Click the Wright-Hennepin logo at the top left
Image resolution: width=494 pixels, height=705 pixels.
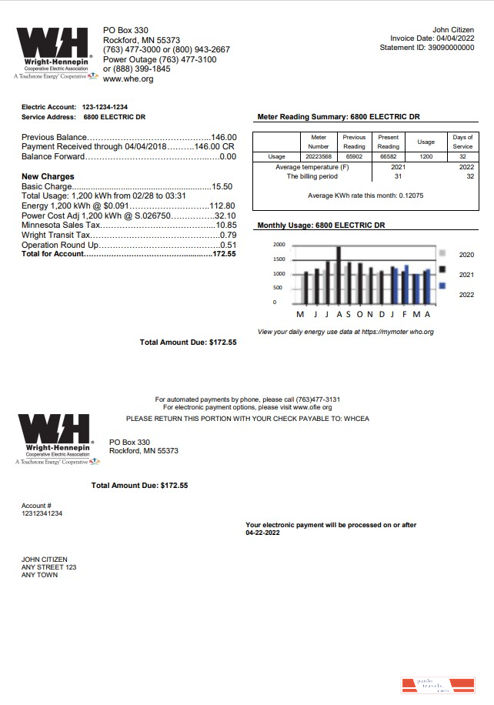point(53,54)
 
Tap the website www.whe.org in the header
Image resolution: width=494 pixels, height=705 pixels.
point(128,79)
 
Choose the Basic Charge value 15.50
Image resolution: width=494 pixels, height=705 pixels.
point(222,186)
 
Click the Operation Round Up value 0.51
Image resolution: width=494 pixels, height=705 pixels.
point(228,245)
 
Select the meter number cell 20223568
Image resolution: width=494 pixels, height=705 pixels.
point(318,156)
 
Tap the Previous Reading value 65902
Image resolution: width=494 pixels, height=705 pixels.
point(354,156)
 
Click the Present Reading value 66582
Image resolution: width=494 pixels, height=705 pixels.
point(389,156)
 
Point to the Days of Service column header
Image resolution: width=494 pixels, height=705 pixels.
point(463,142)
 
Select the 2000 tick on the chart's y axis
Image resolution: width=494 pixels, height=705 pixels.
point(279,245)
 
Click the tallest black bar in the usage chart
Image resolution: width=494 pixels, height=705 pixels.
point(339,275)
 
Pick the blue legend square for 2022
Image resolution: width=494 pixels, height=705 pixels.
point(442,286)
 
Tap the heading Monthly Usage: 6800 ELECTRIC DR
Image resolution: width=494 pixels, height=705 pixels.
point(321,226)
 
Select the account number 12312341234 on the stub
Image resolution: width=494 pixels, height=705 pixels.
point(42,513)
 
